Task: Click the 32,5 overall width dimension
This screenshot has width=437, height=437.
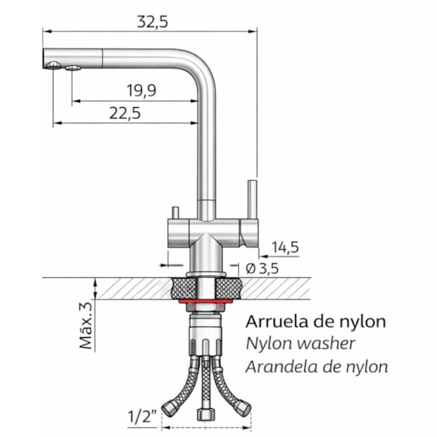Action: click(152, 22)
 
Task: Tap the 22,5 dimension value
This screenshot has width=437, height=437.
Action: click(124, 114)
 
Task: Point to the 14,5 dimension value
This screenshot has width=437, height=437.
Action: click(284, 247)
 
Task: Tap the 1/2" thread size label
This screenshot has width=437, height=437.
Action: click(143, 416)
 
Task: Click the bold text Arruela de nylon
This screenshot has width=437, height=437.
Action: click(316, 322)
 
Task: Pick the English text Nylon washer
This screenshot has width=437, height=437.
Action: click(300, 344)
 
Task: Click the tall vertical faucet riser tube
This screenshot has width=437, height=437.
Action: click(207, 148)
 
